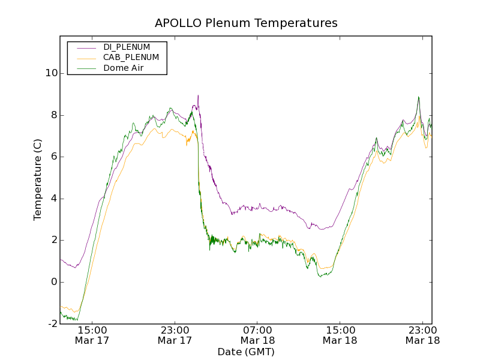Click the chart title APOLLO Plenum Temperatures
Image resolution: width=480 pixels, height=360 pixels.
tap(246, 23)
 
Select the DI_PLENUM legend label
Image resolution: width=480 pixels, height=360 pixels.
tap(127, 47)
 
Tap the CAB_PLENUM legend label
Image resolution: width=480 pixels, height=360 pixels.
tap(131, 58)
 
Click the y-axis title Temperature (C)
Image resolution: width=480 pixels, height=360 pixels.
tap(38, 179)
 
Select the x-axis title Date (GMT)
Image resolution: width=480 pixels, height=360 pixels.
tap(246, 352)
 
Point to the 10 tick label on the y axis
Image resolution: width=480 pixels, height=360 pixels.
tap(51, 73)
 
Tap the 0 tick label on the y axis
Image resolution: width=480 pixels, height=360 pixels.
tap(54, 282)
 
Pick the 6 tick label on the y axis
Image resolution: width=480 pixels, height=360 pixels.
tap(54, 157)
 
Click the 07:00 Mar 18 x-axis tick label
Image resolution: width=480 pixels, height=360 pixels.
tap(257, 335)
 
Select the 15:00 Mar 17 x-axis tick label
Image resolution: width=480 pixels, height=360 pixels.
tap(92, 335)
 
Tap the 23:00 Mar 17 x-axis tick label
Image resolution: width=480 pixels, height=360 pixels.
tap(175, 335)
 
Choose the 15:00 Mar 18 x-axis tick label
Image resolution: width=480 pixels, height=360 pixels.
tap(340, 335)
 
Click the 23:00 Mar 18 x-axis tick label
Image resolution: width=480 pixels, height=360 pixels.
tap(422, 335)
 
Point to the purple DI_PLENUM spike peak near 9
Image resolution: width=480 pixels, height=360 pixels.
tap(198, 95)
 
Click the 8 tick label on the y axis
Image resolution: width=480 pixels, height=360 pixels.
tap(54, 115)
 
